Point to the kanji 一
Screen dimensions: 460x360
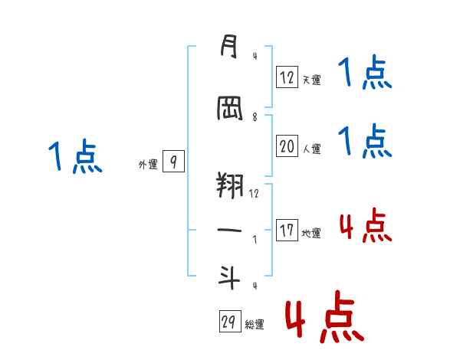pyautogui.click(x=228, y=231)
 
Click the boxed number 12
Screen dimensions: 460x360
pyautogui.click(x=287, y=77)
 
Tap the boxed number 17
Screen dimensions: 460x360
pyautogui.click(x=287, y=231)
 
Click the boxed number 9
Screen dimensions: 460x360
pyautogui.click(x=173, y=162)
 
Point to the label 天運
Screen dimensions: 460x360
pyautogui.click(x=311, y=79)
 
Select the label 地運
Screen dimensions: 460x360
pyautogui.click(x=311, y=233)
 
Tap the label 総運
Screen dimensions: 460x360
pyautogui.click(x=255, y=324)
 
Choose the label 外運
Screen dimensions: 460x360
pyautogui.click(x=147, y=164)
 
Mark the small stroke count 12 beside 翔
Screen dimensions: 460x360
pyautogui.click(x=254, y=194)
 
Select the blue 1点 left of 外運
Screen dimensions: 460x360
pyautogui.click(x=74, y=157)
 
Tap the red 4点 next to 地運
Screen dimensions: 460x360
pyautogui.click(x=365, y=226)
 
